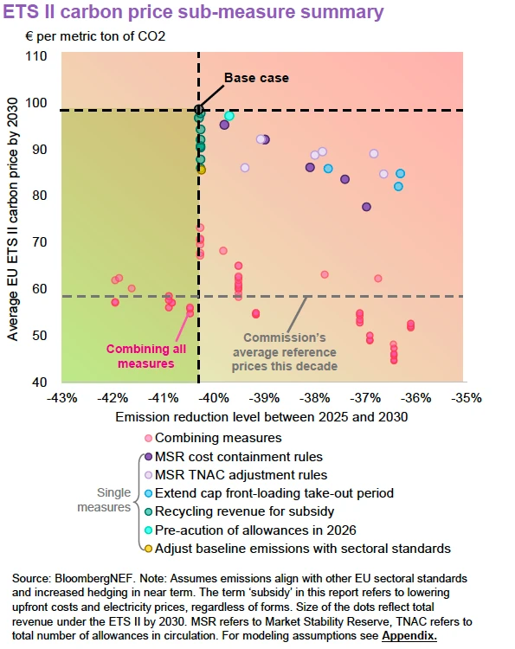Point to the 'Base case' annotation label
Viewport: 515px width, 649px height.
[256, 78]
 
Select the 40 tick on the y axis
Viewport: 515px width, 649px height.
[41, 382]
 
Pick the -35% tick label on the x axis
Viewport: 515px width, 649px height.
[467, 398]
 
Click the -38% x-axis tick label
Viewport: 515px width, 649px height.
[315, 398]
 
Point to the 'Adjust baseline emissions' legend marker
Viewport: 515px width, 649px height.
[148, 548]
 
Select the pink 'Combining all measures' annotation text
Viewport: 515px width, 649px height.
[140, 357]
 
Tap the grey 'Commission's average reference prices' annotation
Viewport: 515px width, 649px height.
[283, 352]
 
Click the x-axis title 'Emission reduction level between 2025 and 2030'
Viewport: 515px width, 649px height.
[261, 417]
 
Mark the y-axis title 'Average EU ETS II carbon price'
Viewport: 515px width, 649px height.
[15, 216]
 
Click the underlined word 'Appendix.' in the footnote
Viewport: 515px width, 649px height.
[409, 636]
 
